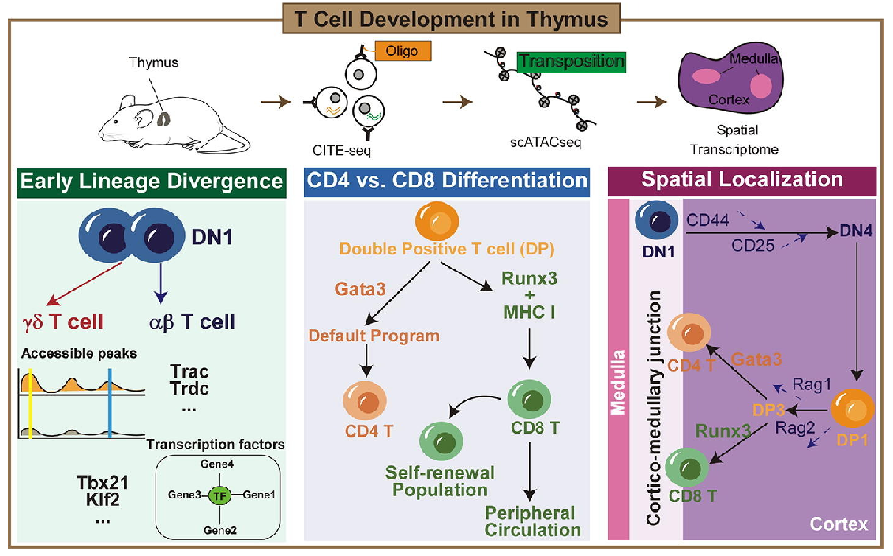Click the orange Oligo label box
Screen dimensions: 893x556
(x=403, y=51)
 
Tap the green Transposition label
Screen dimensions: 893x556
(x=571, y=62)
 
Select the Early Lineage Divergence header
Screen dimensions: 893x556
(x=152, y=182)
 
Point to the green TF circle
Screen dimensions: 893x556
(x=219, y=496)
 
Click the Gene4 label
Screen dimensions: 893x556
(x=217, y=464)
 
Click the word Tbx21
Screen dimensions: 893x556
(x=103, y=483)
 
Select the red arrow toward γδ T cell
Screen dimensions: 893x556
(x=84, y=283)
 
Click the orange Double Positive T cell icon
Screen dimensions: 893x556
(x=437, y=221)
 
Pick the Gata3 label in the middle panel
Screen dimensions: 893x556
(x=360, y=289)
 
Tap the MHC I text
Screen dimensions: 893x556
(x=529, y=312)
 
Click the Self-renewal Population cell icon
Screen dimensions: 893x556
(x=441, y=441)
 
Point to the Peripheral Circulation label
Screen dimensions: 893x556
(x=532, y=521)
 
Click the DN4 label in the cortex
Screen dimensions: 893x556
(x=856, y=231)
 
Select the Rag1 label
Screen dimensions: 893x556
(x=812, y=385)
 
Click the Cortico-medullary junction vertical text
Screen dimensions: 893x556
(x=654, y=408)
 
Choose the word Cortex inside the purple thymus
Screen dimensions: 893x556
(x=729, y=100)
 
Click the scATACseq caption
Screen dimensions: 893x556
(x=546, y=142)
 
